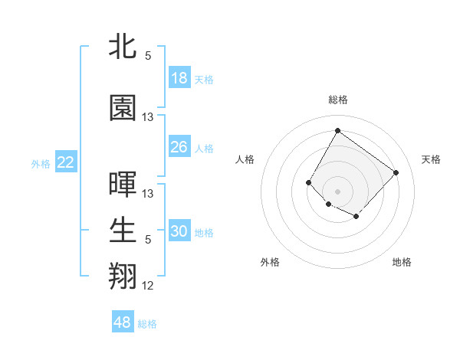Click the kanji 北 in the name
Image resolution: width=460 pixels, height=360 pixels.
click(123, 47)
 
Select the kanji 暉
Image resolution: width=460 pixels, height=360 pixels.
click(123, 185)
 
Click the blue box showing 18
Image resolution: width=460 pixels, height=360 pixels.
click(179, 79)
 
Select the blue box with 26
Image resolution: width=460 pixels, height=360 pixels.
click(179, 147)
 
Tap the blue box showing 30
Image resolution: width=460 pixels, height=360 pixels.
click(179, 232)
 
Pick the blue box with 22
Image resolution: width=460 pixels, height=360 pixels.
click(66, 162)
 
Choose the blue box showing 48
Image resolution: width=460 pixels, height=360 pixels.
click(123, 322)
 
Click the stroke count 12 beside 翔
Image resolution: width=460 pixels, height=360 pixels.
click(148, 286)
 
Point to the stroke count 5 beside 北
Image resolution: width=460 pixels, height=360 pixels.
click(148, 56)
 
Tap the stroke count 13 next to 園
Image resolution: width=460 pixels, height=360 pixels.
click(148, 117)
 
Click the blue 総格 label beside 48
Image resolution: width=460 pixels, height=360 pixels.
click(147, 324)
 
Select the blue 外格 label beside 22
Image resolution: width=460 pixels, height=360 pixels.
click(41, 163)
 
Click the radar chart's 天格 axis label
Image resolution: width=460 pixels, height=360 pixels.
click(431, 159)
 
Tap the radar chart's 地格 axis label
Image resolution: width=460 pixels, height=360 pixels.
click(402, 262)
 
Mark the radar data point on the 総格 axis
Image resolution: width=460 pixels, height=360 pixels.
click(337, 130)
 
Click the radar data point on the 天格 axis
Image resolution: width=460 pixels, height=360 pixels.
click(396, 172)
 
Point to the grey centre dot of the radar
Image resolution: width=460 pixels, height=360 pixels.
click(337, 191)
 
